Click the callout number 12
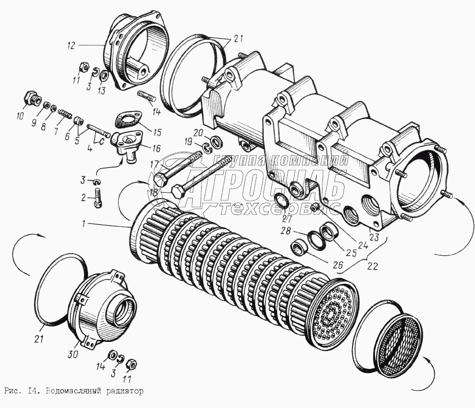click(x=70, y=46)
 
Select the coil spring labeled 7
click(x=64, y=114)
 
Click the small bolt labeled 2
click(x=98, y=198)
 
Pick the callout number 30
click(x=73, y=354)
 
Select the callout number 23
click(x=374, y=237)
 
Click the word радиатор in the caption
click(x=125, y=391)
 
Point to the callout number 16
click(x=157, y=149)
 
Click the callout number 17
click(x=154, y=165)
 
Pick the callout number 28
click(x=286, y=231)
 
